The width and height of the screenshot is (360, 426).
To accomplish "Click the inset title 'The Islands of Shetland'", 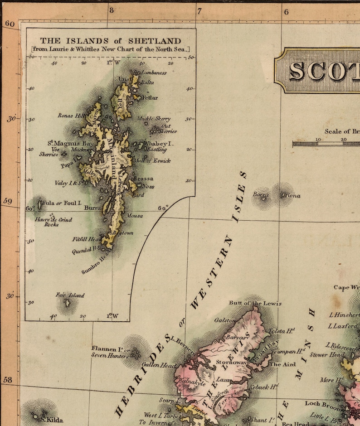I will tap(110, 41).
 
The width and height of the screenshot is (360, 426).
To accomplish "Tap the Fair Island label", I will tap(70, 295).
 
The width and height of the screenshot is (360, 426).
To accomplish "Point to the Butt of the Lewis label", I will tap(255, 303).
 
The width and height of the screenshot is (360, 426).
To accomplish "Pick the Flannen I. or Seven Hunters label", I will tap(110, 351).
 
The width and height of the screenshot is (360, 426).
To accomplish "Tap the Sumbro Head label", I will tap(96, 264).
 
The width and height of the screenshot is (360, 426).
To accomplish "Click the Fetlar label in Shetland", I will tap(150, 97).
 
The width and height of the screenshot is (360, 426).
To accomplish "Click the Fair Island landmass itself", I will tap(67, 302).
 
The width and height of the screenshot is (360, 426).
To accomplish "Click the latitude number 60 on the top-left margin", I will tap(10, 24).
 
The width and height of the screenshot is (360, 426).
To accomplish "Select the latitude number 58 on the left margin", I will tap(8, 380).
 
